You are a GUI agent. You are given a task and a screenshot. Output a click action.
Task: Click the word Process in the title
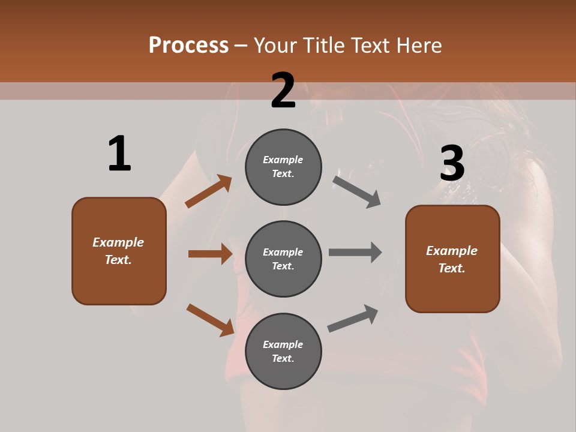coord(188,46)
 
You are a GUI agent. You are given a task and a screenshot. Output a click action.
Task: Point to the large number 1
coord(119,154)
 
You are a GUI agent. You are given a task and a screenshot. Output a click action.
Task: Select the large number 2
coord(283,91)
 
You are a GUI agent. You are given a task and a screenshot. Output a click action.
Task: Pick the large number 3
coord(452,164)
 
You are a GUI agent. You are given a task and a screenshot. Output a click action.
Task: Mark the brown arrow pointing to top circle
coord(209,191)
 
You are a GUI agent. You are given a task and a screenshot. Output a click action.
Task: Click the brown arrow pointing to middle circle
coord(210,254)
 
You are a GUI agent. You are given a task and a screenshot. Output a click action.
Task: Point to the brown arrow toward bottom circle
coord(211,320)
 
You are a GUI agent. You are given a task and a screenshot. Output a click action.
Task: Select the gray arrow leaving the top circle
coord(357,191)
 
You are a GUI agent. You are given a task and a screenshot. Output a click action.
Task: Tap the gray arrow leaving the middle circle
coord(355,252)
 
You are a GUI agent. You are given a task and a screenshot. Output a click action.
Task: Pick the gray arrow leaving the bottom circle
coord(353,318)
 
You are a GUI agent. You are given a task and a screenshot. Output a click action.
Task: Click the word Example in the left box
coord(118,242)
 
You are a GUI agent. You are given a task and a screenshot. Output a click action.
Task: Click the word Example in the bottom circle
coord(283,344)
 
